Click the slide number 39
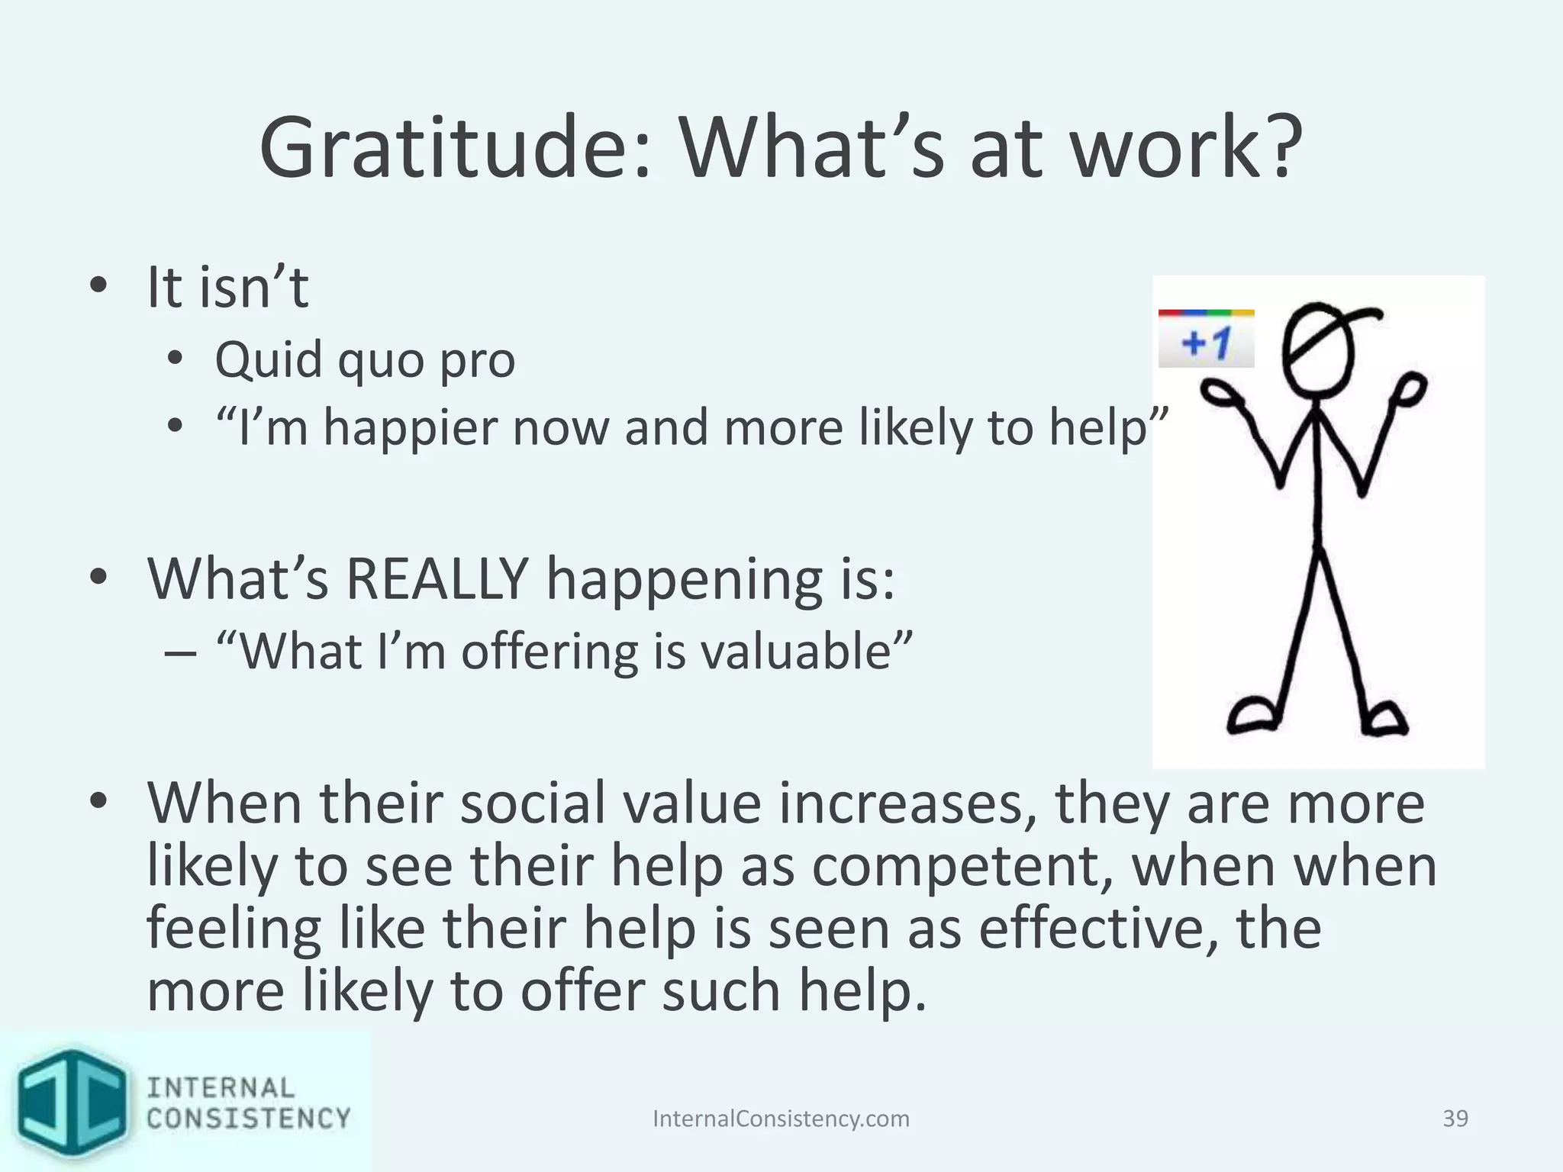(x=1455, y=1119)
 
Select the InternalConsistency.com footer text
(x=781, y=1119)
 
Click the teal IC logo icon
(x=73, y=1103)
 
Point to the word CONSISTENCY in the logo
(x=248, y=1119)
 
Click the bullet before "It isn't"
(x=98, y=288)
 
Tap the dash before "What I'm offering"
(x=181, y=653)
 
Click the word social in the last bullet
(x=534, y=804)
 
